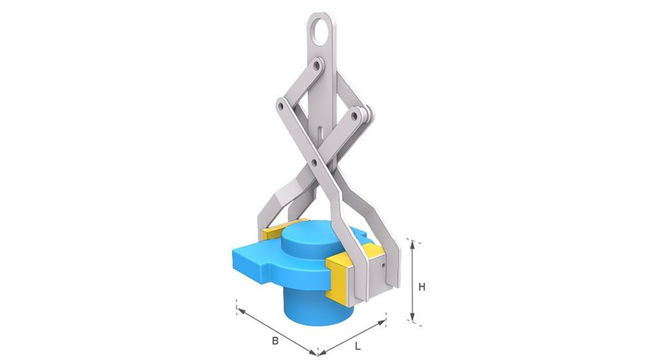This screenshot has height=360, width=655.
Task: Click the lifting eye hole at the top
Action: click(320, 31)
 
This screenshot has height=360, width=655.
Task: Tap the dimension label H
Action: click(422, 287)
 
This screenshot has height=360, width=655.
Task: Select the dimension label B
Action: click(275, 341)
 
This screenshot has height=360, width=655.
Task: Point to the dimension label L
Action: click(358, 346)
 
